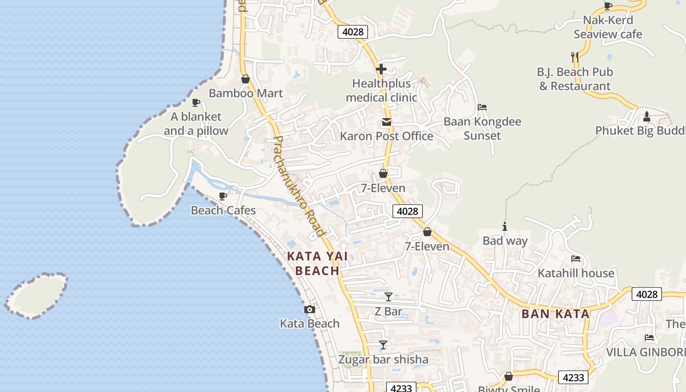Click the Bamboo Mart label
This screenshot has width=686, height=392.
coord(245,93)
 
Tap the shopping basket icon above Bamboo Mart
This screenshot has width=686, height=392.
coord(245,79)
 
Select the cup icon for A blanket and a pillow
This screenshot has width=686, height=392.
coord(196,102)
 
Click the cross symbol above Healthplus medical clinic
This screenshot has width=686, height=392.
coord(381,69)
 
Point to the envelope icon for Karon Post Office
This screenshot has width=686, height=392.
coord(387,122)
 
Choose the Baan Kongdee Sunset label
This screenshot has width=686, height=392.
coord(482,128)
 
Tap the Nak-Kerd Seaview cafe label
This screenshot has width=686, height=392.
coord(608,27)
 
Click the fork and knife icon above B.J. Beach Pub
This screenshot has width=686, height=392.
coord(575,57)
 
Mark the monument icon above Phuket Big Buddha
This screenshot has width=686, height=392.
coord(646,117)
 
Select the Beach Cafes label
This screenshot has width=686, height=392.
coord(223,210)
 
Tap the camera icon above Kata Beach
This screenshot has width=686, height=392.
coord(310,309)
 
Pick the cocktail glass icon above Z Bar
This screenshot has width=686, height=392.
coord(388,296)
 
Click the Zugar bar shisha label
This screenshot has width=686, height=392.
coord(383,359)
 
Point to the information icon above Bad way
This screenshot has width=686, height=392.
coord(505,226)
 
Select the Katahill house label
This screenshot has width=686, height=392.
coord(576,273)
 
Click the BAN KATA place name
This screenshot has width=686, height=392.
coord(555,314)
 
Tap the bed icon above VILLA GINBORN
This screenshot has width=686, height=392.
coord(649,338)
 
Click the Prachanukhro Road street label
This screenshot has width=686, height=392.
coord(299,186)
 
